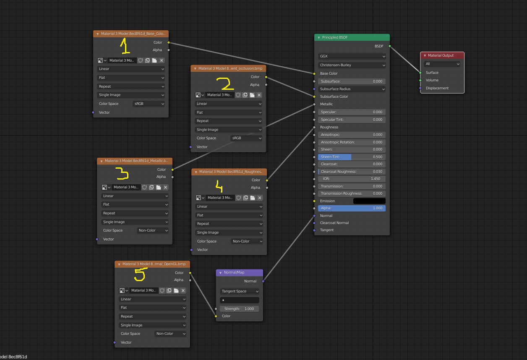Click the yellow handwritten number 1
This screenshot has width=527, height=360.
click(x=125, y=46)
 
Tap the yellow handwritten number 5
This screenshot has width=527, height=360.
click(x=139, y=274)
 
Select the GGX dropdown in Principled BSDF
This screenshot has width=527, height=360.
click(x=352, y=56)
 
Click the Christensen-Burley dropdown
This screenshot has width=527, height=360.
click(x=352, y=65)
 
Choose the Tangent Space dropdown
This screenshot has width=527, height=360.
click(x=240, y=291)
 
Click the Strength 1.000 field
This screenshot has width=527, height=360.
click(x=240, y=309)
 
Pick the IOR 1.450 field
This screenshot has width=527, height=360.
click(x=352, y=179)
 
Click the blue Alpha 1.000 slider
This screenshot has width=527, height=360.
click(x=352, y=208)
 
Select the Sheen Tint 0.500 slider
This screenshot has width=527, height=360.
click(x=352, y=157)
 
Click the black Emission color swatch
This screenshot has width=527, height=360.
click(x=369, y=201)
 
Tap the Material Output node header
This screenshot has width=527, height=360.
click(x=442, y=55)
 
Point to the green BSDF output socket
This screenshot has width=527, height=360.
click(x=390, y=46)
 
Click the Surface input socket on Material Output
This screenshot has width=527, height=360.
click(x=420, y=73)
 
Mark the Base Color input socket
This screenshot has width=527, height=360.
click(x=314, y=73)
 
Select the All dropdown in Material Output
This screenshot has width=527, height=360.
click(x=442, y=64)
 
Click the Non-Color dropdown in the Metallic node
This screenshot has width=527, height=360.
click(x=153, y=230)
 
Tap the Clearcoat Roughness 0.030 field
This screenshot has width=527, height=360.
click(x=352, y=172)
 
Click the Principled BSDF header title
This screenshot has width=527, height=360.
click(x=334, y=37)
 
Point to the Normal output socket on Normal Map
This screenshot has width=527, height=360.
click(x=263, y=281)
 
